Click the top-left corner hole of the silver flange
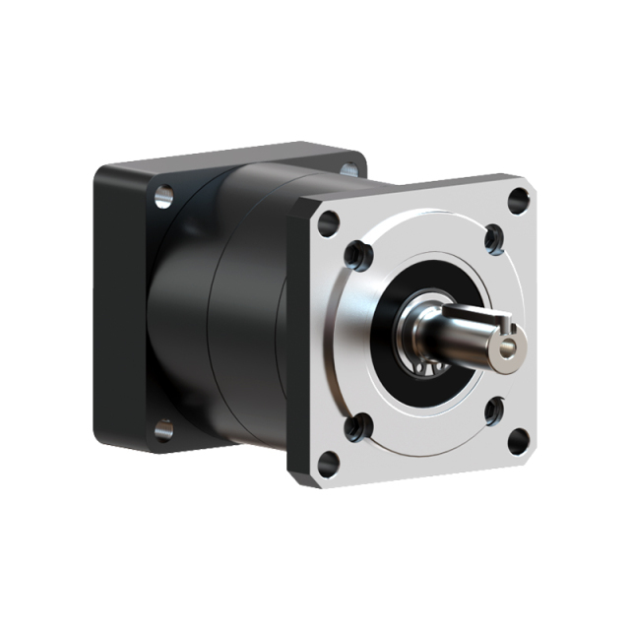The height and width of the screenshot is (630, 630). click(329, 220)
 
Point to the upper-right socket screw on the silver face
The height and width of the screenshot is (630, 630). click(493, 237)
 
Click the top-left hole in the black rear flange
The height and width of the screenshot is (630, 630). click(164, 195)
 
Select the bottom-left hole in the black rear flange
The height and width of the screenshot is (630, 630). click(163, 429)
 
